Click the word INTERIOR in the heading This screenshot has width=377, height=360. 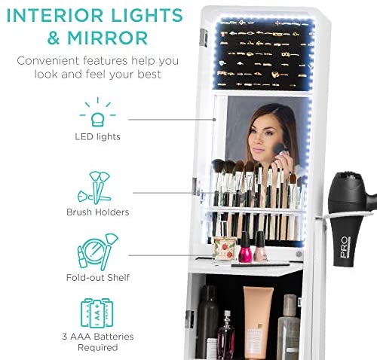pyautogui.click(x=55, y=15)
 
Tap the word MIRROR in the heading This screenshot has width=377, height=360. pyautogui.click(x=108, y=38)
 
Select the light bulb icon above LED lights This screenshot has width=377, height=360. pyautogui.click(x=98, y=112)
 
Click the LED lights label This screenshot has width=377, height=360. pyautogui.click(x=98, y=136)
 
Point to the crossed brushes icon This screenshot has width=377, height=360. pyautogui.click(x=94, y=188)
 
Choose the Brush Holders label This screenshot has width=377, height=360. pyautogui.click(x=98, y=212)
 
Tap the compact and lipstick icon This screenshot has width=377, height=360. pyautogui.click(x=97, y=252)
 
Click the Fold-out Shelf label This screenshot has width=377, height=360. pyautogui.click(x=98, y=277)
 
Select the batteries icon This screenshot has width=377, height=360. pyautogui.click(x=97, y=313)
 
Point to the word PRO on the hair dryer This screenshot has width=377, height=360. pyautogui.click(x=345, y=247)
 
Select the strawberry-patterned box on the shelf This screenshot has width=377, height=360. pyautogui.click(x=225, y=248)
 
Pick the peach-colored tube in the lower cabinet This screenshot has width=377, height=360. pyautogui.click(x=258, y=322)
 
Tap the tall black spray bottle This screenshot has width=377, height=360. pyautogui.click(x=207, y=322)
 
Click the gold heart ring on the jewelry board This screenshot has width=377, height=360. pyautogui.click(x=275, y=75)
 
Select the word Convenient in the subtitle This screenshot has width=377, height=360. pyautogui.click(x=48, y=61)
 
